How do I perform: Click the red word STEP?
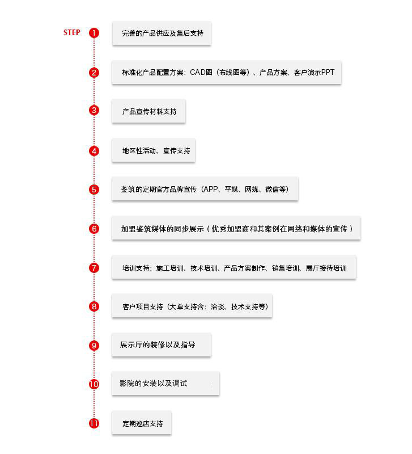72,32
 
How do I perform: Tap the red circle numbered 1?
94,33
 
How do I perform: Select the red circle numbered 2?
94,73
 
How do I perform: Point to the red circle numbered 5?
94,190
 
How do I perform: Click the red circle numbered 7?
94,268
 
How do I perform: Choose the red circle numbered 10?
94,384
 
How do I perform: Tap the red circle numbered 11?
94,423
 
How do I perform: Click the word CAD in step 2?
197,73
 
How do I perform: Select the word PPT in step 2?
328,72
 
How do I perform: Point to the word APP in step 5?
210,189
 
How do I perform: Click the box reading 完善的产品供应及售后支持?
162,33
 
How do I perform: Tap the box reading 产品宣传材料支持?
148,111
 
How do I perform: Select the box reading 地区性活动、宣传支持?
154,150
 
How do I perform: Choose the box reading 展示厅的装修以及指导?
162,345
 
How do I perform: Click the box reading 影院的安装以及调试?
165,384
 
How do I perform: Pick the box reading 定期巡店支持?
142,423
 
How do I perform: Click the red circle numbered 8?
94,306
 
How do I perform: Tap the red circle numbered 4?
94,151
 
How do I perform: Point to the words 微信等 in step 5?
275,189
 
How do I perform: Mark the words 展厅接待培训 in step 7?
326,268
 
